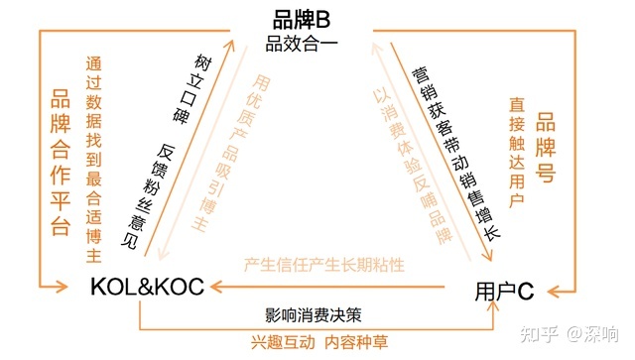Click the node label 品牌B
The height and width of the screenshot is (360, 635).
pos(301,19)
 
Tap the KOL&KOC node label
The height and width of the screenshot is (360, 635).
pos(146,287)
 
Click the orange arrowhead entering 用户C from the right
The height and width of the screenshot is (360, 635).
pos(559,290)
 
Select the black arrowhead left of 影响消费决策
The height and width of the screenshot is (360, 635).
pos(217,289)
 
